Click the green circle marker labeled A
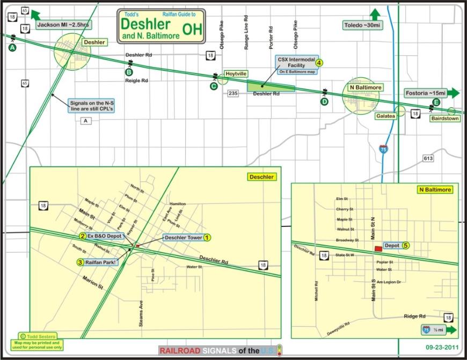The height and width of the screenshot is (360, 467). click(x=12, y=48)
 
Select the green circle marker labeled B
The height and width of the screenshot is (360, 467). click(x=129, y=72)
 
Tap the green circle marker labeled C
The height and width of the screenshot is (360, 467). click(x=214, y=86)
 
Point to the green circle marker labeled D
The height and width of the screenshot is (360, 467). click(x=324, y=101)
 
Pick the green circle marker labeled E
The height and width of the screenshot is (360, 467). click(x=436, y=102)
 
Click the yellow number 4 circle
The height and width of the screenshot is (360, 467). click(x=319, y=62)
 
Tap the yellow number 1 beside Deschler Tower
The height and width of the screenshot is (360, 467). click(x=207, y=237)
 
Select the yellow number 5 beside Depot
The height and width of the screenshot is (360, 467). click(x=406, y=245)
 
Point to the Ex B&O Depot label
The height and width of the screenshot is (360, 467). click(x=106, y=236)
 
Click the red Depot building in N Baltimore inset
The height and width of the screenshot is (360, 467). click(x=379, y=248)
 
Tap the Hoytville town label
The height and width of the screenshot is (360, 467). click(x=236, y=73)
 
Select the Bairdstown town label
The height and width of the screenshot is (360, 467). click(x=444, y=119)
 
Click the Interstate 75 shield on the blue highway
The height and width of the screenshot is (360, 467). click(x=383, y=149)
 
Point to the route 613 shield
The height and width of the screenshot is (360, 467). click(x=428, y=158)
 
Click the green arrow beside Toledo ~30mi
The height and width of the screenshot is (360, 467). click(x=375, y=14)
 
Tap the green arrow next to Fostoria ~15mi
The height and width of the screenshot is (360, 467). click(x=453, y=92)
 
